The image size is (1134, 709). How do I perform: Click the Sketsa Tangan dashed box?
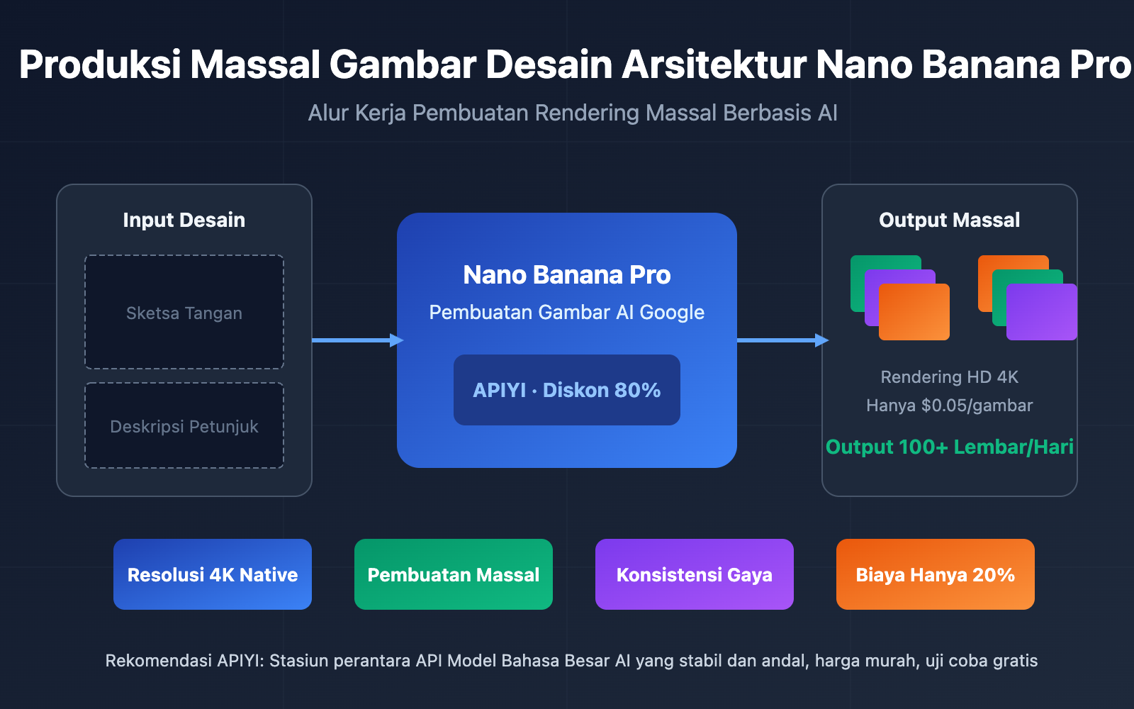click(x=184, y=313)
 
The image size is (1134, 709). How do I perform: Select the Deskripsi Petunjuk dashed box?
click(x=184, y=426)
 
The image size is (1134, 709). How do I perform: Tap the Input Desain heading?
click(x=184, y=220)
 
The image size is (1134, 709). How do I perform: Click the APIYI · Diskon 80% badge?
click(x=567, y=390)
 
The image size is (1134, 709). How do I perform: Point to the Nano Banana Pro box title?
click(x=567, y=274)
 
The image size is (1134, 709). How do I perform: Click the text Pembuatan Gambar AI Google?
click(x=567, y=312)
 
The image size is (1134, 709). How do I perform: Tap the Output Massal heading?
click(x=949, y=220)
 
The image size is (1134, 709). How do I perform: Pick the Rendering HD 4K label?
click(x=949, y=376)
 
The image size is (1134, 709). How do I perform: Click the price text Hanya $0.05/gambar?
click(x=949, y=405)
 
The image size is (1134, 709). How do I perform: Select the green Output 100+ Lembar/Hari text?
click(x=949, y=447)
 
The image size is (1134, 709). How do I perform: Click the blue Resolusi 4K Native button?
click(x=213, y=574)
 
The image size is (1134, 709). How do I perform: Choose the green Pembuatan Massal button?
click(x=454, y=574)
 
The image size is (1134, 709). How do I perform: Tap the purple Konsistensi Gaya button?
click(x=695, y=574)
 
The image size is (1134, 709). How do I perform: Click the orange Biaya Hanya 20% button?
click(x=936, y=574)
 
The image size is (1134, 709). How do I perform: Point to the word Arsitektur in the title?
click(x=714, y=65)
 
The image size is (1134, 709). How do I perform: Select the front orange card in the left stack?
click(x=914, y=312)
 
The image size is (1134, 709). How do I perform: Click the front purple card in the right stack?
click(x=1042, y=312)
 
